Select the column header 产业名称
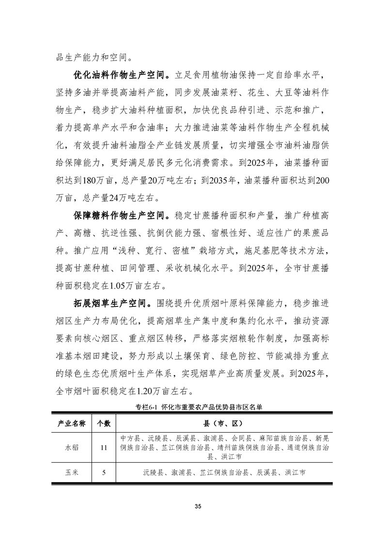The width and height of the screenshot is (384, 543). click(x=72, y=423)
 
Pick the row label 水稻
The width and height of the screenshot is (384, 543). click(x=72, y=448)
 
